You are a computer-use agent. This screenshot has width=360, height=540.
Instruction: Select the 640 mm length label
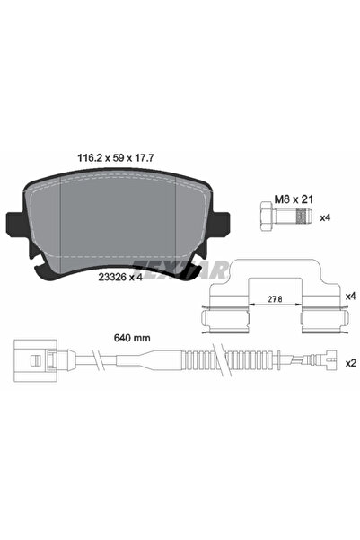[x=133, y=338]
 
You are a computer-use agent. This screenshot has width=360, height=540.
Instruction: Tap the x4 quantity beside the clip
[x=348, y=294]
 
